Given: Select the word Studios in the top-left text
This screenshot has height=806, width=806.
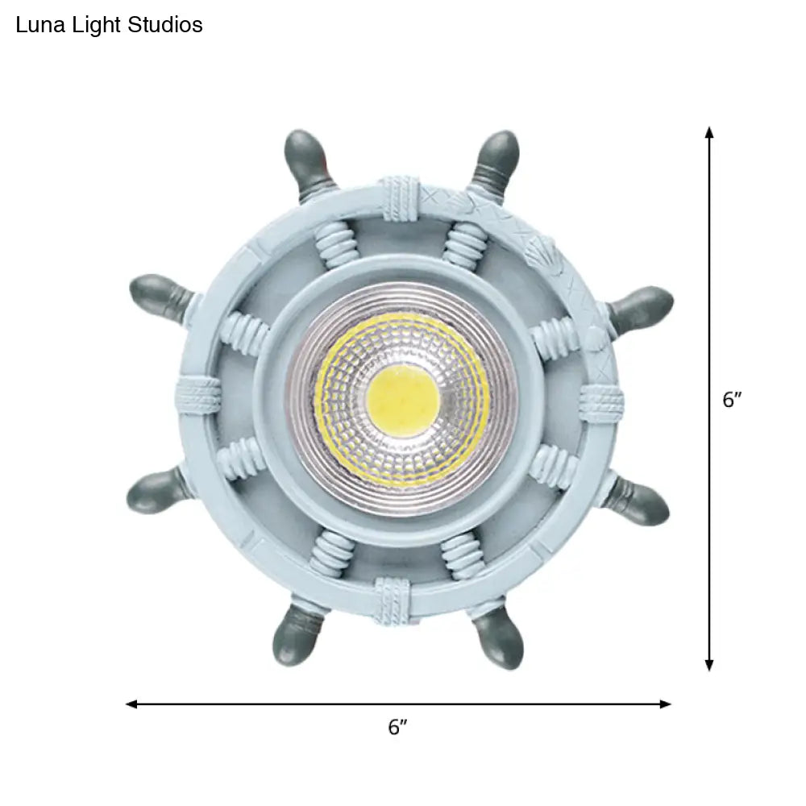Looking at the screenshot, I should point(165,25).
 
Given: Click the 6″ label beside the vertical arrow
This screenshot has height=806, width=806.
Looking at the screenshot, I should point(733,400).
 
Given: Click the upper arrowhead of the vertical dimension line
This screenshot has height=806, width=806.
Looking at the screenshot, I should point(709,133).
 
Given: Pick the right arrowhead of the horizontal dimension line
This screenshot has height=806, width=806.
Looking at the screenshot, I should point(665,704).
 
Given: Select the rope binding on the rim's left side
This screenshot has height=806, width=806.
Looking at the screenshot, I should point(198,395).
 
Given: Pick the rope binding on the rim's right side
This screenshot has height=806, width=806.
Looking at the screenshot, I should point(601,401).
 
